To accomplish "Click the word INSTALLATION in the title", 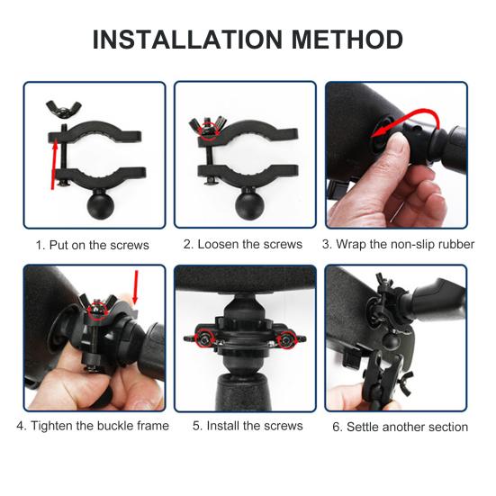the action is point(187,40).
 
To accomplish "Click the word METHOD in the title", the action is point(347,40).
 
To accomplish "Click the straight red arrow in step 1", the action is point(54,165).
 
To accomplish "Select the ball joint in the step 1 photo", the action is point(99,203).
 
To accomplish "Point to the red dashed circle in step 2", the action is point(210,131).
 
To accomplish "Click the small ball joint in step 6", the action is point(390,339).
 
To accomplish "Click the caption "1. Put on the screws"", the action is point(93,246).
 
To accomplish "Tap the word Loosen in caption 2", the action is point(218,245).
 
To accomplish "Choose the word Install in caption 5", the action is point(223,426).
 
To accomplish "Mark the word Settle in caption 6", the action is point(364,427).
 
